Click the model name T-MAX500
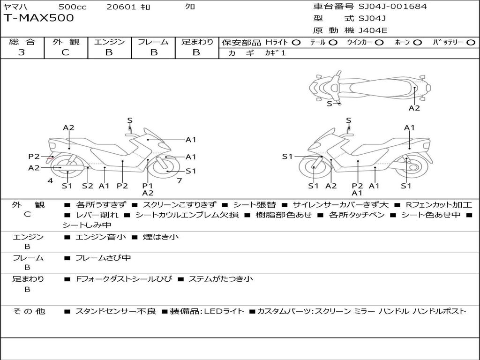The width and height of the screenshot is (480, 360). (38, 18)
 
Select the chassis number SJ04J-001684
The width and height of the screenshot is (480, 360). (393, 7)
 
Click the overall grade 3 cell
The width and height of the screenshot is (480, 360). (22, 52)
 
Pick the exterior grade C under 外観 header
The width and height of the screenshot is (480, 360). (65, 52)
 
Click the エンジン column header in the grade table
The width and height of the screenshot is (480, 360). (109, 42)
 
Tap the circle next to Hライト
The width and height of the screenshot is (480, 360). (296, 43)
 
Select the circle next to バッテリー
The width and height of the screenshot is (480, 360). (471, 43)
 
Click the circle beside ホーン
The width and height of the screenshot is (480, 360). (418, 43)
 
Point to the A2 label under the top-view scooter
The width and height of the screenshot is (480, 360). (414, 108)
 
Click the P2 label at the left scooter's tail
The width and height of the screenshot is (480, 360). (34, 157)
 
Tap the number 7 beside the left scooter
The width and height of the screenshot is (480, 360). (179, 180)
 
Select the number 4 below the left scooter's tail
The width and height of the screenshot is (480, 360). (50, 180)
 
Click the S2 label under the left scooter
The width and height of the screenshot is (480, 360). (88, 186)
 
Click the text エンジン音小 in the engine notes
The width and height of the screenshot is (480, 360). (101, 237)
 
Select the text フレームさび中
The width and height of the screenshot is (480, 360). (103, 258)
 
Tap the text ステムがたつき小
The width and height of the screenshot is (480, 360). (220, 279)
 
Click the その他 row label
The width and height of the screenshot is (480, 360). (29, 311)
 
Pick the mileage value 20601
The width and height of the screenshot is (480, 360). (121, 7)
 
